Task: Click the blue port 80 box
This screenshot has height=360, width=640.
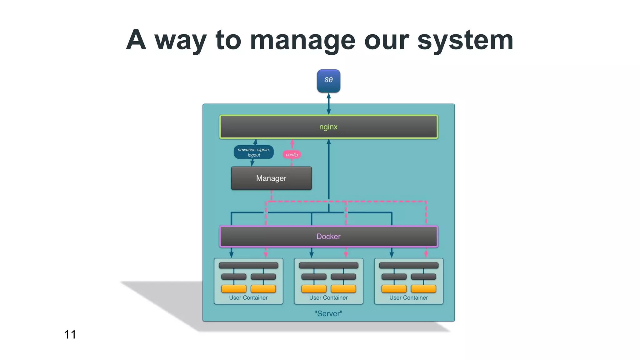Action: pos(328,81)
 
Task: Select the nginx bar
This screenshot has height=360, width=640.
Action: pos(328,127)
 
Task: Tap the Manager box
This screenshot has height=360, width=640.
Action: pos(271,178)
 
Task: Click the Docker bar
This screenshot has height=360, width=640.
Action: pos(328,237)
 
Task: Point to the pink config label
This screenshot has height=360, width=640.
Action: pos(292,155)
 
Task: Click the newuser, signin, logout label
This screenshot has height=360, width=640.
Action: pos(253,152)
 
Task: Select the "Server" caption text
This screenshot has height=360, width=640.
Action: pos(328,313)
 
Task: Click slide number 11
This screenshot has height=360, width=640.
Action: pos(70,334)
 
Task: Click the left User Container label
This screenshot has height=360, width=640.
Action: pos(248,298)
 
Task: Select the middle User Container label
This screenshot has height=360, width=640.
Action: pos(328,298)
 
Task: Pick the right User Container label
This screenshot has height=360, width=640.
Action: pos(408,298)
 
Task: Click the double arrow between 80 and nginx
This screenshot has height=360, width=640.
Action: pos(328,104)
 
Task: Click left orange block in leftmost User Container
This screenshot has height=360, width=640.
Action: pos(234,289)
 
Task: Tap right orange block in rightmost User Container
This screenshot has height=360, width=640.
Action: pos(423,289)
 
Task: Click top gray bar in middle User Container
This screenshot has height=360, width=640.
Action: pos(328,266)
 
